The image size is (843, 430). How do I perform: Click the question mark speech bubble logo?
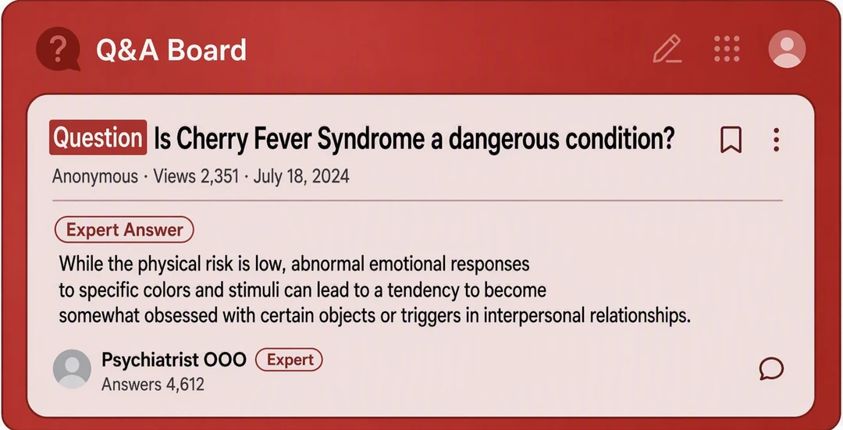click(x=58, y=49)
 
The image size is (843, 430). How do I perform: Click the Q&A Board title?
click(x=171, y=50)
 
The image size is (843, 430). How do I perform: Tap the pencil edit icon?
click(x=667, y=49)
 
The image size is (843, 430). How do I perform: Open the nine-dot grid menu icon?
click(x=727, y=49)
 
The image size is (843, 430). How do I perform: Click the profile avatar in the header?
click(x=787, y=49)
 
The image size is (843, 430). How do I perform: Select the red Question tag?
click(x=98, y=137)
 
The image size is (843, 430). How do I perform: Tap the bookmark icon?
click(x=731, y=140)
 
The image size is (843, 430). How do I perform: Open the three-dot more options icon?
click(x=776, y=140)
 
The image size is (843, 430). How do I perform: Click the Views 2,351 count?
click(x=196, y=176)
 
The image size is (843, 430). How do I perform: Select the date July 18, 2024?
click(x=301, y=176)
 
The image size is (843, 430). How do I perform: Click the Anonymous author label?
click(x=95, y=176)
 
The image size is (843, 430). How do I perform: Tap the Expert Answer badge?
click(x=124, y=229)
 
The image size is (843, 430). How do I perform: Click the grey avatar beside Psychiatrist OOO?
click(x=72, y=368)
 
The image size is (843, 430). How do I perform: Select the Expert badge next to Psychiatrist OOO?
click(x=290, y=360)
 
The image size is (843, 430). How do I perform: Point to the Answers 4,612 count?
click(x=153, y=384)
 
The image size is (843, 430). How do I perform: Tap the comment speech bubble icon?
click(x=771, y=368)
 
